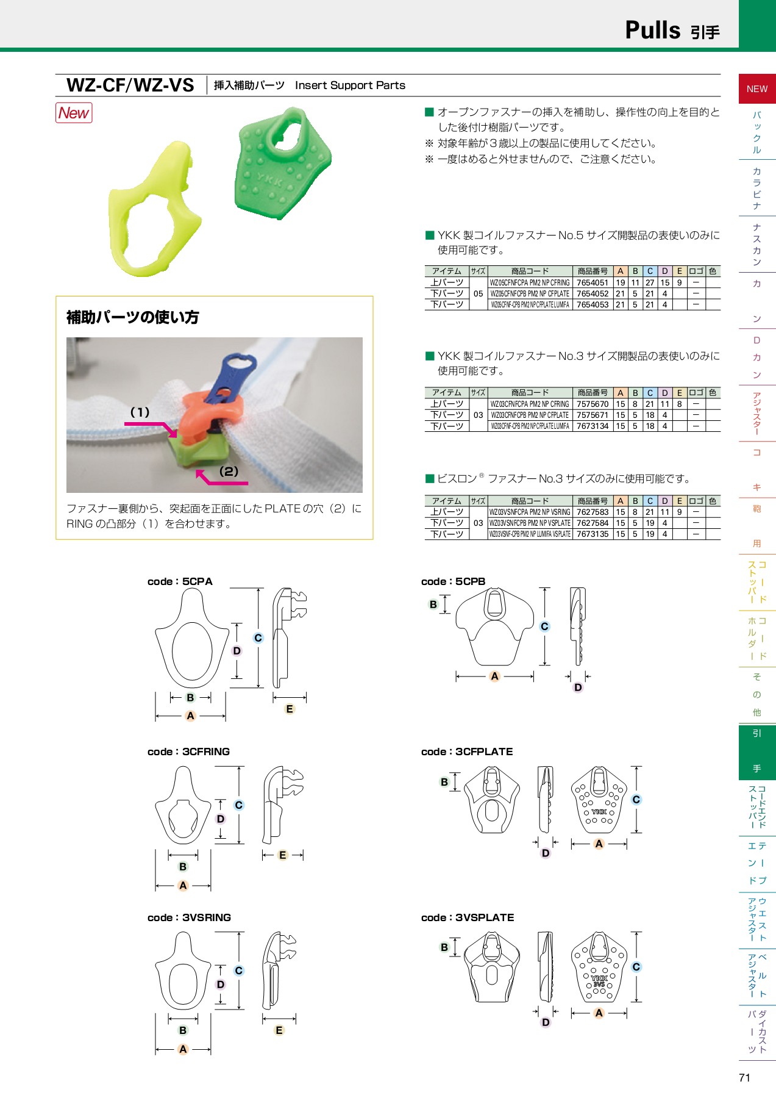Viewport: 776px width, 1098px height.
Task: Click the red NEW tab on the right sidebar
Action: point(756,89)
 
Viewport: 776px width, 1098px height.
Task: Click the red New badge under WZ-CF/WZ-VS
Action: point(74,113)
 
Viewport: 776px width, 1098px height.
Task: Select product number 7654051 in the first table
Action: point(592,282)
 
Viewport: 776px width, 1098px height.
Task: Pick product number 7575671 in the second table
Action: point(592,415)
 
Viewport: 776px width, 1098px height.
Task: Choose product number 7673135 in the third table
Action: point(592,534)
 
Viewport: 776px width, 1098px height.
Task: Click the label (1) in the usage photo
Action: point(140,412)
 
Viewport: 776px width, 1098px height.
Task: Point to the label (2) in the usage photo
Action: point(229,472)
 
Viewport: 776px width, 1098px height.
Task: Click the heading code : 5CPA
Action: point(180,581)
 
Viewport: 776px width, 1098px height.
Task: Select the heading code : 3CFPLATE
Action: point(467,752)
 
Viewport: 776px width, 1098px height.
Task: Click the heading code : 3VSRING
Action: point(189,917)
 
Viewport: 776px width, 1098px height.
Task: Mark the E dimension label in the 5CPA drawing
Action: point(290,709)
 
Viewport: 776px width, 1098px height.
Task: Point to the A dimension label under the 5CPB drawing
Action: point(494,676)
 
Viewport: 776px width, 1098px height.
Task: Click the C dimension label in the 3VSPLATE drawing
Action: point(636,967)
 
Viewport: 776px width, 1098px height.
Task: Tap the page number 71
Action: point(744,1078)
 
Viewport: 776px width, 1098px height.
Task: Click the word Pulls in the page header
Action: point(652,30)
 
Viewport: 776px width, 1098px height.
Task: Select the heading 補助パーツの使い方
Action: point(132,317)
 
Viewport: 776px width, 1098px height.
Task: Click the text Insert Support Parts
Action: point(350,85)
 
